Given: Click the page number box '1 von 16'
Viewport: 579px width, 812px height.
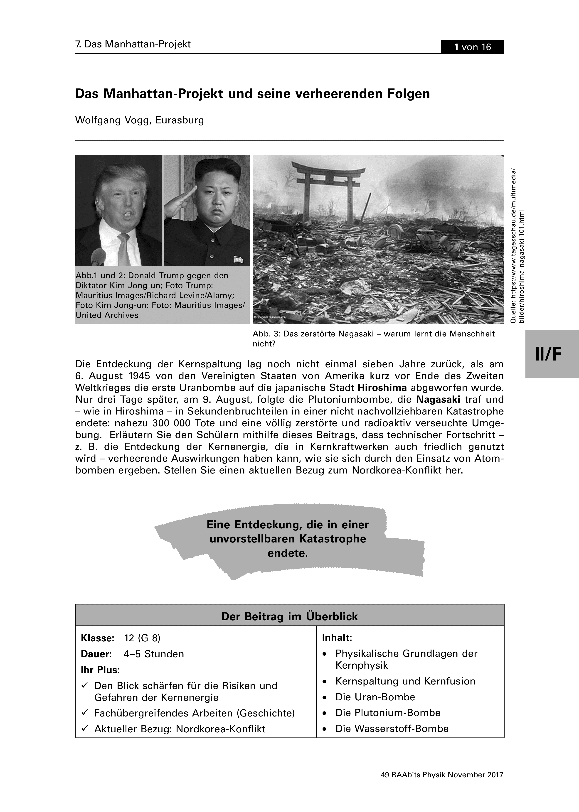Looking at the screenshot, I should (472, 47).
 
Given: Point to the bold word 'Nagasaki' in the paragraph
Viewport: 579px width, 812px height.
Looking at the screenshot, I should (438, 399).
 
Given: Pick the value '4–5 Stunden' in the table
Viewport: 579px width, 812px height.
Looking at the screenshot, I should (154, 654).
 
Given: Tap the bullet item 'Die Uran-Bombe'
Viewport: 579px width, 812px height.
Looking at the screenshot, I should (375, 697).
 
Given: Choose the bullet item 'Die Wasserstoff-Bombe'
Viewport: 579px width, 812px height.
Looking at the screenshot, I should (392, 729).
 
